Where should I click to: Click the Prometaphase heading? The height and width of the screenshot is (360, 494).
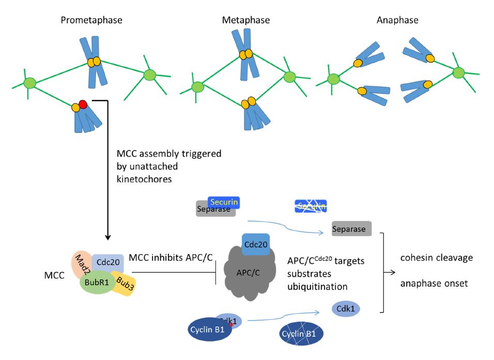coord(91,21)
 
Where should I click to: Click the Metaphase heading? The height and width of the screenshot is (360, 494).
coord(246,21)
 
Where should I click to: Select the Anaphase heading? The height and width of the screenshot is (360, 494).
coord(397,21)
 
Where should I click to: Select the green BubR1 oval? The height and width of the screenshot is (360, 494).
coord(98,283)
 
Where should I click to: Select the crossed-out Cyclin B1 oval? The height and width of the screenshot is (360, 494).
coord(301,335)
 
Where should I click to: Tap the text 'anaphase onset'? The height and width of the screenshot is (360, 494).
coord(429,283)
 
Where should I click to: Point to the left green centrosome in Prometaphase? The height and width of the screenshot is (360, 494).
coord(30,83)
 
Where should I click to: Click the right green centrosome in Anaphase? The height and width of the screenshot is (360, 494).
coord(457,73)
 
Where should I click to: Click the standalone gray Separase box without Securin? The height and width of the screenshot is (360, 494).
coord(351,228)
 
